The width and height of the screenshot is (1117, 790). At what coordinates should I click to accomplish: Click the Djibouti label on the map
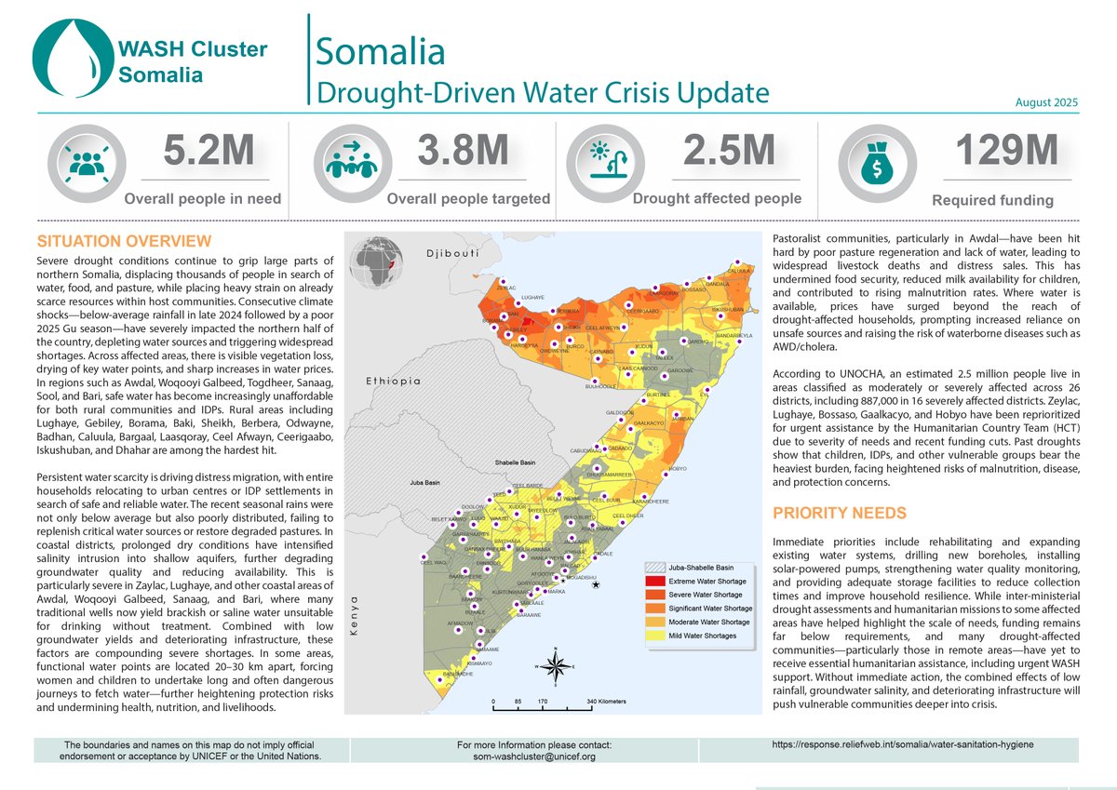coord(451,253)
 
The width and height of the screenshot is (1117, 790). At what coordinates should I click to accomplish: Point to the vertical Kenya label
coord(354,619)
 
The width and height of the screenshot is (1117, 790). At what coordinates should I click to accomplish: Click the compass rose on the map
coord(556,666)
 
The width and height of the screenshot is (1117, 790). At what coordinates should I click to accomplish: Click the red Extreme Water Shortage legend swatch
coord(657,581)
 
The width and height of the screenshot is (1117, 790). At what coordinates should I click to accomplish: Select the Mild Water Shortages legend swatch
coord(657,636)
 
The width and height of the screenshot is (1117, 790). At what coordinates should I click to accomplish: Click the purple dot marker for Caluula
coord(737,262)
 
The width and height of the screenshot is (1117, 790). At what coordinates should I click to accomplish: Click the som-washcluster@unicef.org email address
coord(535,757)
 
